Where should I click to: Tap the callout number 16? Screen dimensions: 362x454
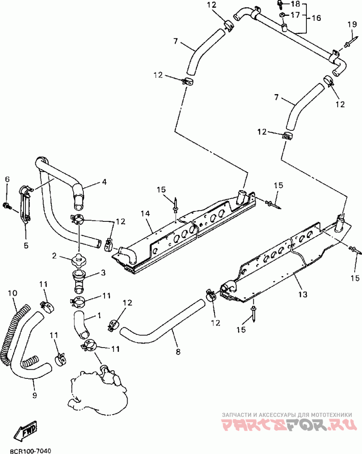(316, 18)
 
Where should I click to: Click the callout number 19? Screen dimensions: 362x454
(352, 24)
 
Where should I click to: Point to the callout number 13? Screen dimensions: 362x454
(303, 295)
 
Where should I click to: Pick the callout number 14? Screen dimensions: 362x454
(146, 214)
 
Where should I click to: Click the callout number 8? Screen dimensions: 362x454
(178, 352)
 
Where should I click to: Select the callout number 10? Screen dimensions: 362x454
(13, 293)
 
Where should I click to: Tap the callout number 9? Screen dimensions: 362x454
(34, 395)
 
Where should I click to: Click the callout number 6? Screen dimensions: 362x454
(7, 179)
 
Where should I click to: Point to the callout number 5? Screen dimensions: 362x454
(26, 245)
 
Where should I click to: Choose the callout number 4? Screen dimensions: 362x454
(104, 182)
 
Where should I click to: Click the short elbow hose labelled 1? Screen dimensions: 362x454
(82, 324)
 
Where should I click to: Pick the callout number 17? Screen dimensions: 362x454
(295, 14)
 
